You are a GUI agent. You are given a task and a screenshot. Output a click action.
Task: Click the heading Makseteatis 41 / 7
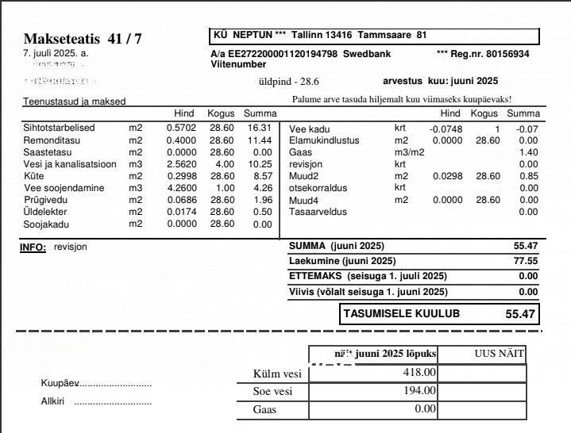coord(83,39)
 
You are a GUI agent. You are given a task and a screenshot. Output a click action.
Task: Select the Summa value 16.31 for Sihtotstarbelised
coord(260,128)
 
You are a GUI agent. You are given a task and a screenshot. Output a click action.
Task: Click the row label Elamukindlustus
coord(324,140)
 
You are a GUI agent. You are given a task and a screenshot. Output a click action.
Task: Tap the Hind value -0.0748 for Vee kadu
coord(445,129)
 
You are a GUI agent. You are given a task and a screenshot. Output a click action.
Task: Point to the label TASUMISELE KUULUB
coord(401,314)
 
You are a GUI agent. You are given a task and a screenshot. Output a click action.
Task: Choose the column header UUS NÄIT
coord(500,354)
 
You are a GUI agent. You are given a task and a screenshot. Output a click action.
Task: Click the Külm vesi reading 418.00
coord(419,372)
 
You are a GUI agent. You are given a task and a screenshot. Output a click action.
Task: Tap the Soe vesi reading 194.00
coord(419,390)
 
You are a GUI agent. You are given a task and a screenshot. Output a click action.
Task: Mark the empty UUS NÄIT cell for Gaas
coord(482,409)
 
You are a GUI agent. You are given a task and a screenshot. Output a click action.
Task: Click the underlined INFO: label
coord(33,247)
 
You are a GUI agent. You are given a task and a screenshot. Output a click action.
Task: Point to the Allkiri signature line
coord(111,402)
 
